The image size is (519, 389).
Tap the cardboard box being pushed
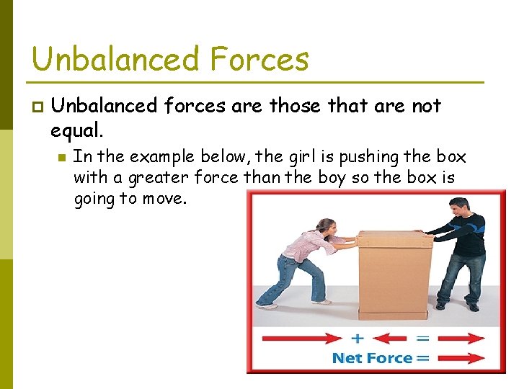click(x=394, y=274)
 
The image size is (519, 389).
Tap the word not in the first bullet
click(x=425, y=107)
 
